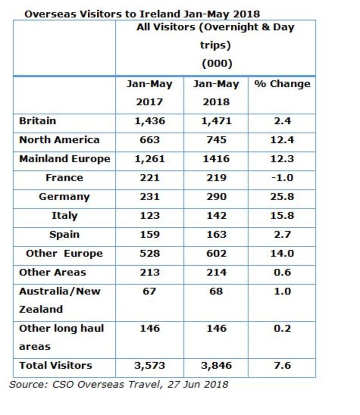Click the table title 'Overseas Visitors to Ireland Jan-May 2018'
pyautogui.click(x=142, y=14)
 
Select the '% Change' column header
pyautogui.click(x=282, y=84)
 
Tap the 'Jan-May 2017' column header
pyautogui.click(x=149, y=93)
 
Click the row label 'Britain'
pyautogui.click(x=38, y=121)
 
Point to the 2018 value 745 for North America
pyautogui.click(x=216, y=140)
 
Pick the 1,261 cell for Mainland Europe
pyautogui.click(x=149, y=159)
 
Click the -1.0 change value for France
pyautogui.click(x=282, y=178)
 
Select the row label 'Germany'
pyautogui.click(x=64, y=197)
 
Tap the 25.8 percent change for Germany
pyautogui.click(x=282, y=197)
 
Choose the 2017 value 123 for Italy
pyautogui.click(x=149, y=216)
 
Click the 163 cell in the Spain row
pyautogui.click(x=216, y=235)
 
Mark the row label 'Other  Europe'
pyautogui.click(x=64, y=253)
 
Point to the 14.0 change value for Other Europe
pyautogui.click(x=282, y=253)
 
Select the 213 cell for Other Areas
pyautogui.click(x=149, y=272)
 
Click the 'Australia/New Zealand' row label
pyautogui.click(x=60, y=300)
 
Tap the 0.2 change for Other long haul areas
pyautogui.click(x=282, y=329)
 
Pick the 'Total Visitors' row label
pyautogui.click(x=56, y=365)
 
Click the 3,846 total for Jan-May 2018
pyautogui.click(x=216, y=365)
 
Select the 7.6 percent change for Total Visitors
pyautogui.click(x=282, y=365)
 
